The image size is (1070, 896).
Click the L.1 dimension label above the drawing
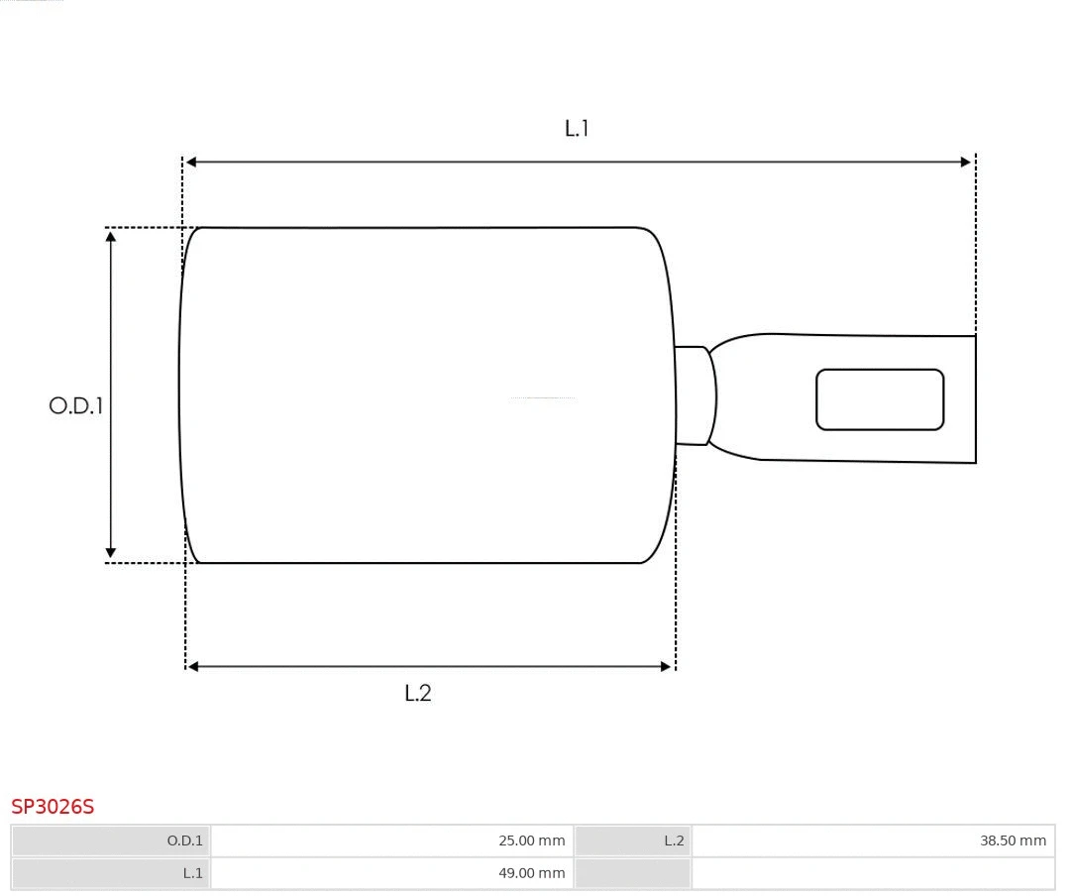(x=577, y=128)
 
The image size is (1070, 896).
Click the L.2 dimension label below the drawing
(x=418, y=693)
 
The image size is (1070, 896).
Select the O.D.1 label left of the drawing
(x=76, y=405)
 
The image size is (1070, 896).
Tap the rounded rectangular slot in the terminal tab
(x=880, y=399)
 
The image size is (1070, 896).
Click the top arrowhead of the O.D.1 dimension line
(x=111, y=236)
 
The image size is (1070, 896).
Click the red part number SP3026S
(x=53, y=807)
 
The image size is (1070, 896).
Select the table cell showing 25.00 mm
(x=391, y=840)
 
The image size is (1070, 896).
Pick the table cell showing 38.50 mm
(x=872, y=840)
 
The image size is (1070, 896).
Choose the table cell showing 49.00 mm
(x=391, y=873)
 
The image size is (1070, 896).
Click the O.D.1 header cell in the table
(x=111, y=840)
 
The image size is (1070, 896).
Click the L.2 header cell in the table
(x=632, y=840)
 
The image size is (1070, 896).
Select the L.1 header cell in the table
(x=111, y=873)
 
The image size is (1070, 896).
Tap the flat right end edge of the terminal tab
(x=976, y=399)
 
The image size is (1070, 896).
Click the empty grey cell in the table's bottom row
(x=632, y=873)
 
